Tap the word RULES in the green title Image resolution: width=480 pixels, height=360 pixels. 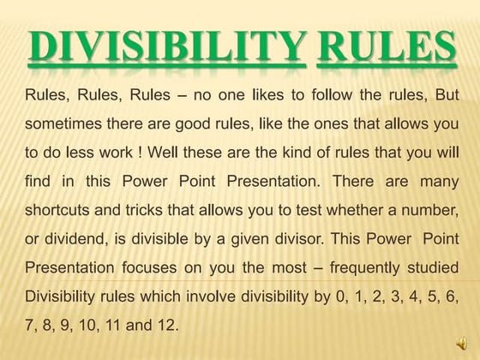click(x=386, y=48)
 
